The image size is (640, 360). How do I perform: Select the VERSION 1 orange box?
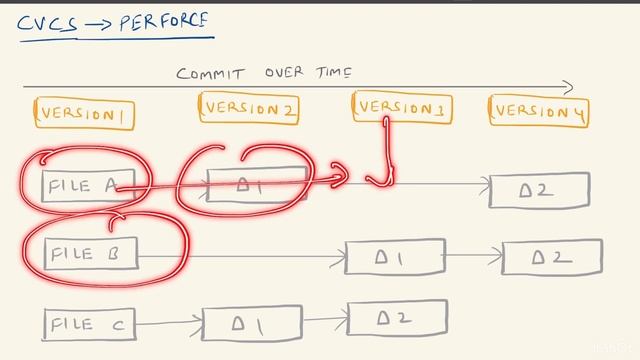(x=84, y=113)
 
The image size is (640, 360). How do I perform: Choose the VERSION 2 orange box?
(x=249, y=110)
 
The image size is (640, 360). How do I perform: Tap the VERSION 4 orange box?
(x=538, y=111)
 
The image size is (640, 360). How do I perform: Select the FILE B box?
(x=90, y=254)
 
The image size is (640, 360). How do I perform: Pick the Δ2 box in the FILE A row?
(x=538, y=189)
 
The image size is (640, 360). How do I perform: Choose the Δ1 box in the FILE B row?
(x=394, y=257)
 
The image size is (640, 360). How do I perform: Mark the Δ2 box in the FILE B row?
(x=551, y=257)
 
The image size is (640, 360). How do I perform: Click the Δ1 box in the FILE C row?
(x=252, y=324)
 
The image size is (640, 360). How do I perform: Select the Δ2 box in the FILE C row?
(x=396, y=318)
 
